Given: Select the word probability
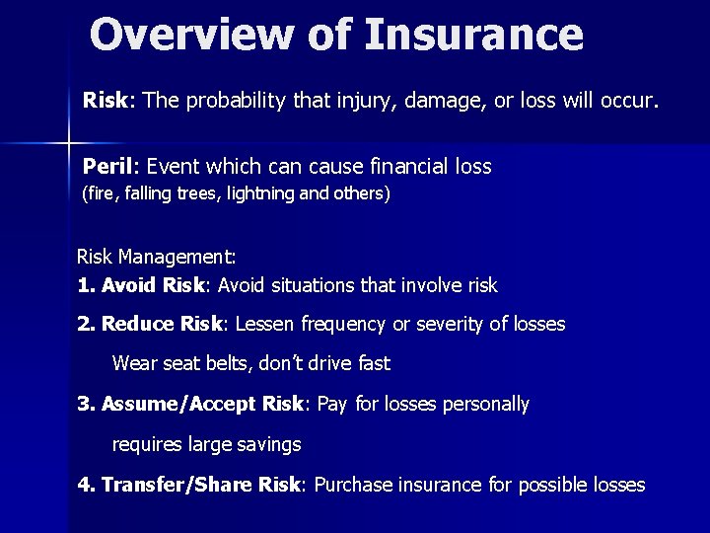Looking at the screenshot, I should point(234,102).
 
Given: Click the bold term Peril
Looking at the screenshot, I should point(108,167).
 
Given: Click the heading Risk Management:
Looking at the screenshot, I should point(157,259).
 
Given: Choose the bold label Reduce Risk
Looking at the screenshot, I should point(163,324).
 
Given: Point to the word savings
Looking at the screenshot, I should point(266,444).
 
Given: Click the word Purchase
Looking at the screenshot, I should point(352,485).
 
